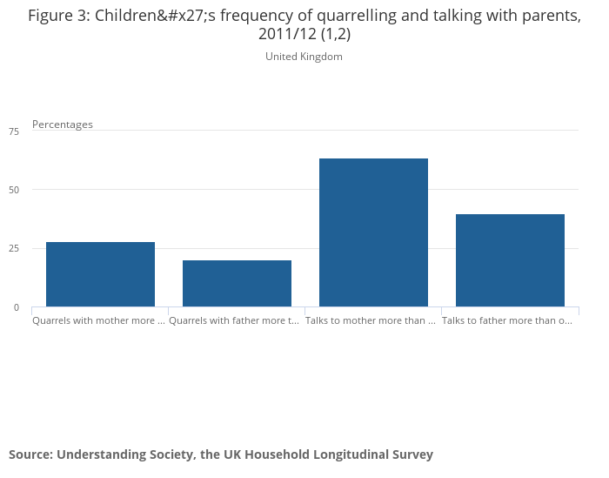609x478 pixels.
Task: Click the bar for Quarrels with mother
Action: [100, 274]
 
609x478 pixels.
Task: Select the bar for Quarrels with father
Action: [237, 284]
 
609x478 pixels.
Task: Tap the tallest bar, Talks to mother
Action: [373, 232]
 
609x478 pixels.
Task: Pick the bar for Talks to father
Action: [510, 260]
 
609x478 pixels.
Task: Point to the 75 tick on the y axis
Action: [13, 131]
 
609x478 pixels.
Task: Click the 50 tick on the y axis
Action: [13, 190]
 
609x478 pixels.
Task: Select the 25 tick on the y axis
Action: [13, 249]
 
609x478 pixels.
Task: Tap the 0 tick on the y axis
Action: [16, 307]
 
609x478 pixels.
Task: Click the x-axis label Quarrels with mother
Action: [98, 320]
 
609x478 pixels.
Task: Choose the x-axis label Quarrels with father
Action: [235, 320]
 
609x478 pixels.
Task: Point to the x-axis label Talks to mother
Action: [371, 320]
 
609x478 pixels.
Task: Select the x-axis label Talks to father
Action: [507, 320]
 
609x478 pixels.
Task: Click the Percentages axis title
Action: [63, 125]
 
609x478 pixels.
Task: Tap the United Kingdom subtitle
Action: [304, 57]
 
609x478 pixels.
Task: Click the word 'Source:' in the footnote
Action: [30, 454]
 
